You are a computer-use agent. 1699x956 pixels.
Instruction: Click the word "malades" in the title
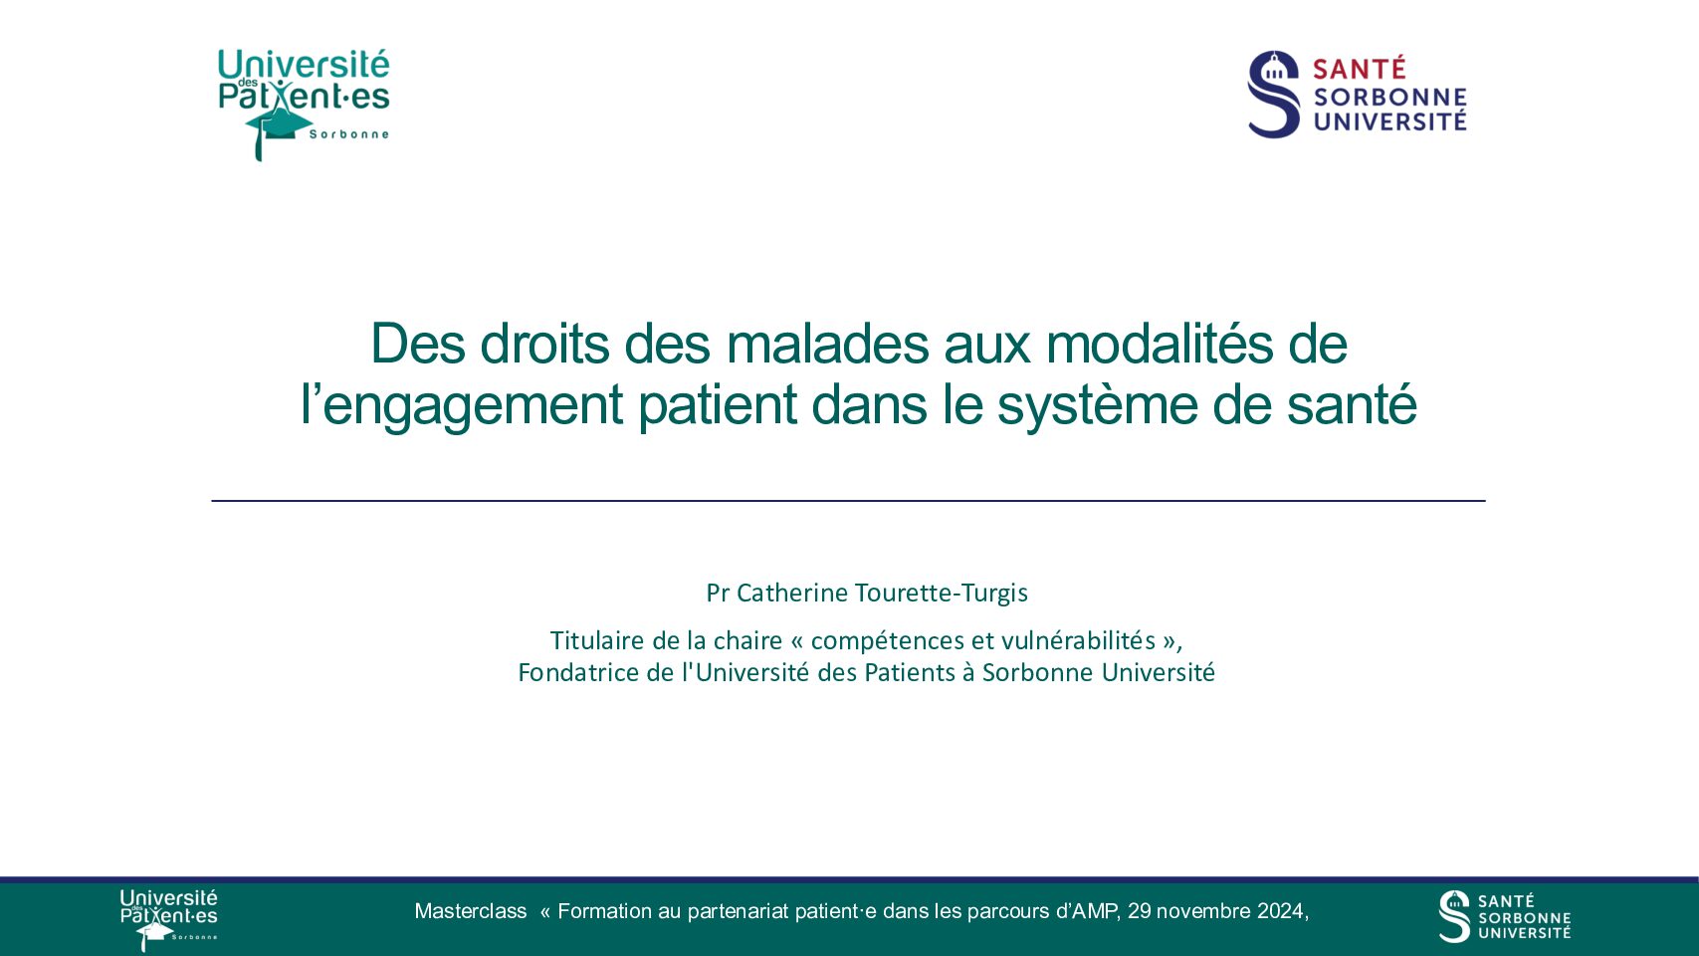click(x=827, y=344)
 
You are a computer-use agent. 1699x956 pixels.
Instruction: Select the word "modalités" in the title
click(x=1160, y=344)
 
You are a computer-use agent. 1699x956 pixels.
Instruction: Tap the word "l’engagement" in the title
click(x=462, y=406)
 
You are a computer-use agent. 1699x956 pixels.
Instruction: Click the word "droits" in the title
click(x=544, y=344)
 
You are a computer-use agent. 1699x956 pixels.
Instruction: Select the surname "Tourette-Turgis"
click(x=942, y=593)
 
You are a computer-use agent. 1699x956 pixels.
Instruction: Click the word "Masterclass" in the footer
click(x=470, y=911)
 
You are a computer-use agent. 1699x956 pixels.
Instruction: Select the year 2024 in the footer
click(x=1280, y=911)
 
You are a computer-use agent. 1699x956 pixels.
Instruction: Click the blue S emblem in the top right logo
click(x=1273, y=94)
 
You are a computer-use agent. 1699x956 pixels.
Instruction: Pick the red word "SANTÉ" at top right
click(x=1360, y=69)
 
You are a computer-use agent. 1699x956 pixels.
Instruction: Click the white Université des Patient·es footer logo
click(x=168, y=919)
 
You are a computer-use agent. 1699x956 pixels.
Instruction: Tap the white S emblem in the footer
click(x=1454, y=916)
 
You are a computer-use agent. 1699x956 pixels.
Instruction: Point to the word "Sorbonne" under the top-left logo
click(x=349, y=134)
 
